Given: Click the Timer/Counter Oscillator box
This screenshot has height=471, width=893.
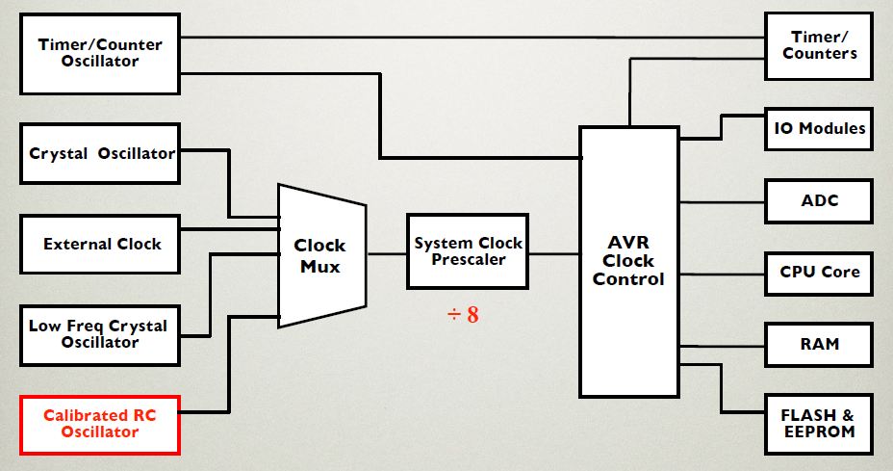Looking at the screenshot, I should [100, 54].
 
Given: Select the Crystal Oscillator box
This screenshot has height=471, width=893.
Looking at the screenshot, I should [100, 153].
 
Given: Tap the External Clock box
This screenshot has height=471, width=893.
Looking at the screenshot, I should [100, 245].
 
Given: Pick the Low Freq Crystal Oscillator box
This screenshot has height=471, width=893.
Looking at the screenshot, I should [100, 334].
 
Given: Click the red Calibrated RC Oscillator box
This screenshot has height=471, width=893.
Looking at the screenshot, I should [100, 424].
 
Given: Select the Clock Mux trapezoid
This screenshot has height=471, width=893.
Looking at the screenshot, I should [320, 255].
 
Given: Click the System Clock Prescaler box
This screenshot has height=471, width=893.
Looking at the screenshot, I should [468, 251].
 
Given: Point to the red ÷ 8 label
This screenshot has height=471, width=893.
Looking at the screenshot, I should [462, 315].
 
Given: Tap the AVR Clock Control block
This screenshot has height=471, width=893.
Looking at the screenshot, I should [628, 261].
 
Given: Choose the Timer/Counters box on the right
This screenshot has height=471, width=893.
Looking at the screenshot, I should [819, 45].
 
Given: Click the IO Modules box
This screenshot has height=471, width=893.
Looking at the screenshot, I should [819, 128].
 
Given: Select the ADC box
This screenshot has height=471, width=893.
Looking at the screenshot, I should [819, 201].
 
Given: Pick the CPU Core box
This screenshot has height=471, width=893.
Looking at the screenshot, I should [819, 273].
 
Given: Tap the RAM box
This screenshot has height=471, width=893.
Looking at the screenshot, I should [819, 344].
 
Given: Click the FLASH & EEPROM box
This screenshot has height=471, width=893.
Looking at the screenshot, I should [819, 424].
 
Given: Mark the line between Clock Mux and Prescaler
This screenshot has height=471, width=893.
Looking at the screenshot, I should [387, 254].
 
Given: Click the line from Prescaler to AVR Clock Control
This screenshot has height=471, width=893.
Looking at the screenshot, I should [554, 254].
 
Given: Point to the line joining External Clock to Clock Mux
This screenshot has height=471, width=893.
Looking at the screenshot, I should [229, 229].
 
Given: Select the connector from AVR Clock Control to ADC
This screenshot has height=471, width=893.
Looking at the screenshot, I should [722, 202].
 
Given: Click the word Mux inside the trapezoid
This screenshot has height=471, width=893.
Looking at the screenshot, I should [320, 267].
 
